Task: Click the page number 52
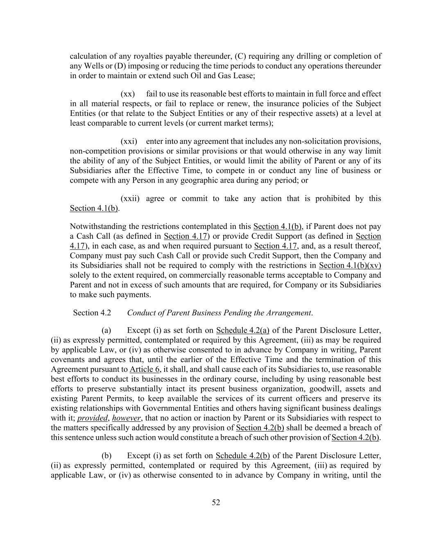216,502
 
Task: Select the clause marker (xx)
128,94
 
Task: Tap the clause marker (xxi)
129,141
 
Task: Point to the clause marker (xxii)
130,199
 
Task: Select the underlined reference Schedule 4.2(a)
242,330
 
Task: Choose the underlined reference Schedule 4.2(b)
242,456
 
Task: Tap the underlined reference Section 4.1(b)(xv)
350,265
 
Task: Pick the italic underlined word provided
92,418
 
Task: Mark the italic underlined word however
126,418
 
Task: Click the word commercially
190,275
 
